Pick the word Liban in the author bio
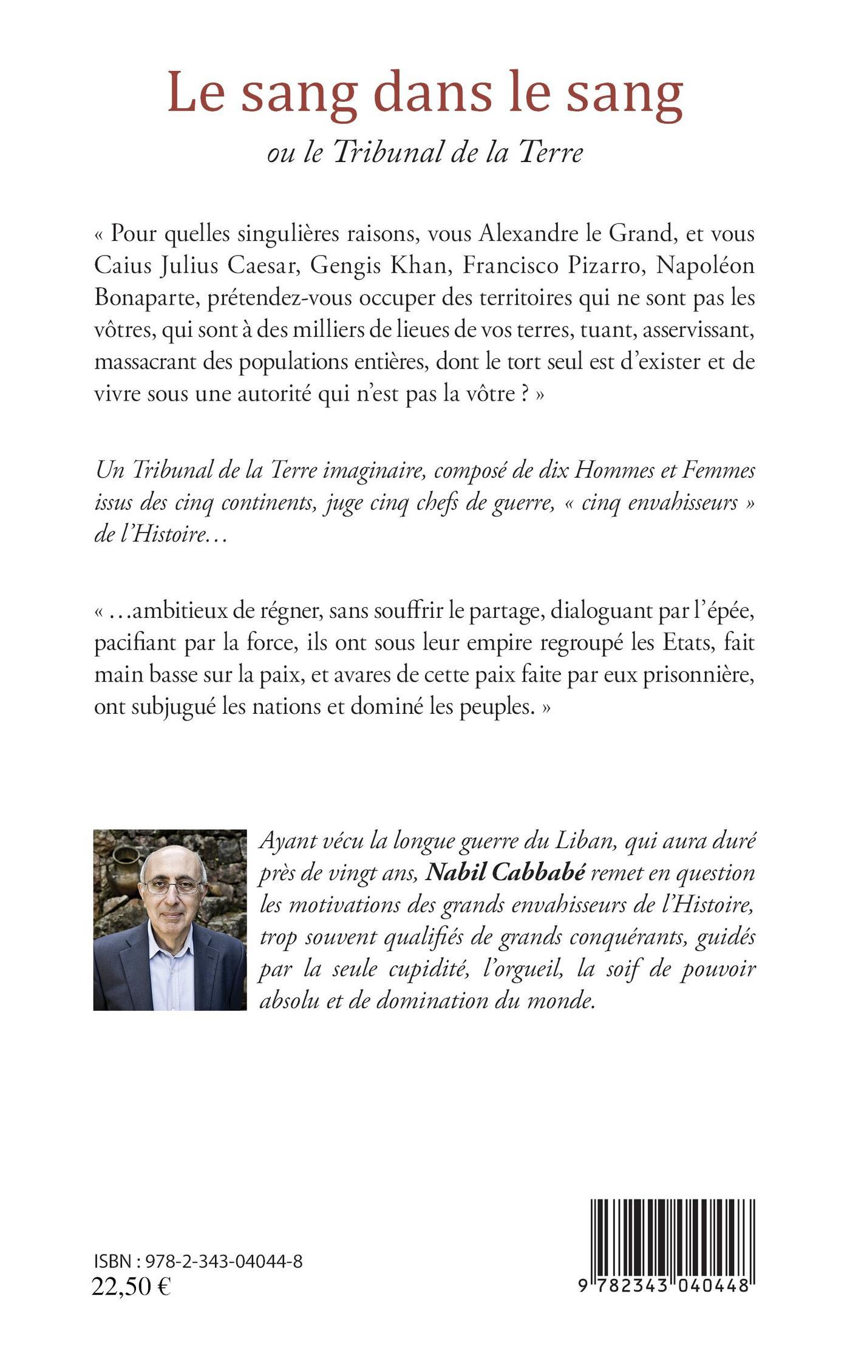coord(586,841)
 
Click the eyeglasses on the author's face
coord(172,887)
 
